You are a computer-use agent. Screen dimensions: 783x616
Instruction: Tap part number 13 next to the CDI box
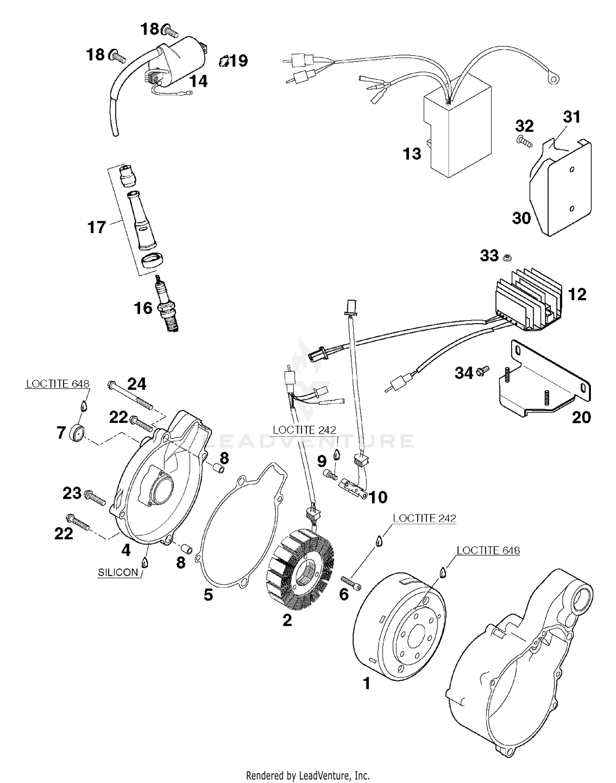(x=412, y=154)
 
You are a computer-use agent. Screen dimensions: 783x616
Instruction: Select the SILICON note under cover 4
(x=118, y=572)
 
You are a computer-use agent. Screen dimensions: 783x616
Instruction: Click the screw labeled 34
(x=484, y=371)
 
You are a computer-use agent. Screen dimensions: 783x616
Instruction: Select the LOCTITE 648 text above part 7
(x=57, y=384)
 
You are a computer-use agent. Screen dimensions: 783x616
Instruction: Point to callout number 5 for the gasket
(x=208, y=595)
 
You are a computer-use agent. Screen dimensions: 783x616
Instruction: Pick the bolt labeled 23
(x=95, y=498)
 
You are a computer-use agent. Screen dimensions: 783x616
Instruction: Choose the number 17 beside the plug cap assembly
(x=97, y=227)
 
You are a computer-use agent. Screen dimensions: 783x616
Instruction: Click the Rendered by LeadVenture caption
(x=308, y=776)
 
